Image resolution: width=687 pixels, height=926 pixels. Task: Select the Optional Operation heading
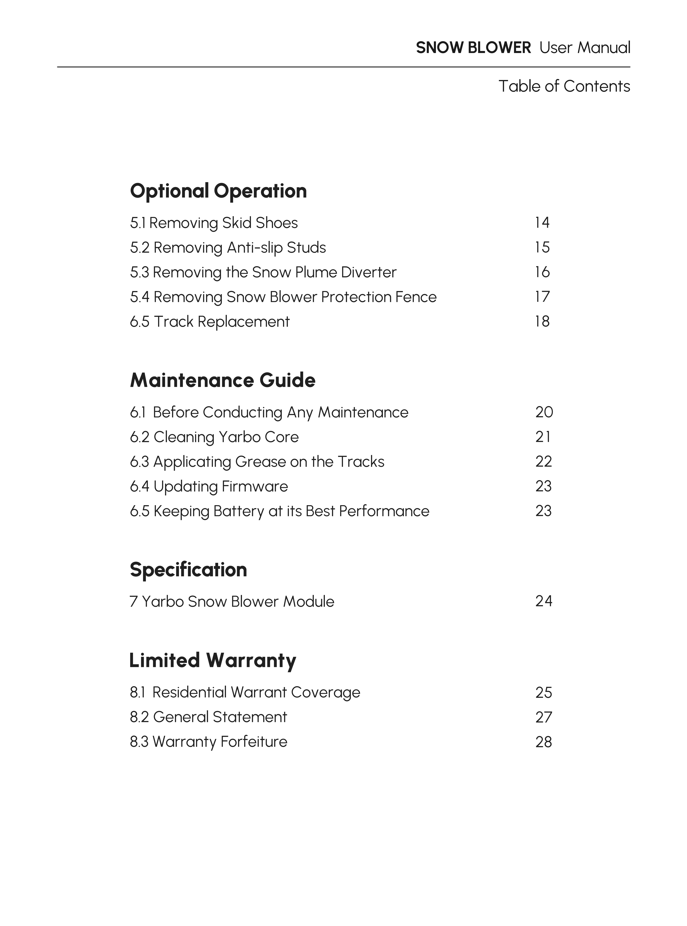pyautogui.click(x=218, y=191)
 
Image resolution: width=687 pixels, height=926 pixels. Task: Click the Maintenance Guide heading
pyautogui.click(x=222, y=380)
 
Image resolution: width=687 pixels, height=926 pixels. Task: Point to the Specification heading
pyautogui.click(x=188, y=569)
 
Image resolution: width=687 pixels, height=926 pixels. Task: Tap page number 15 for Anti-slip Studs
pyautogui.click(x=542, y=248)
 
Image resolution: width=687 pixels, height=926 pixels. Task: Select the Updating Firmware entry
pyautogui.click(x=209, y=486)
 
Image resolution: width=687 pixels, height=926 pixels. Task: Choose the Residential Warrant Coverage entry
pyautogui.click(x=245, y=692)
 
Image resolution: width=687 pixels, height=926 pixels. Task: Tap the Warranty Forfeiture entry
pyautogui.click(x=208, y=742)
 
